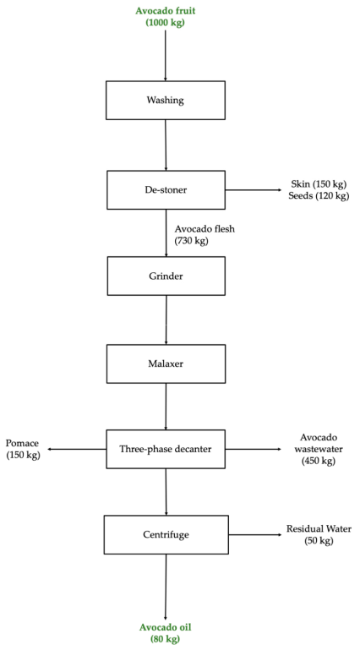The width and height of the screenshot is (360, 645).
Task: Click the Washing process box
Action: click(x=166, y=100)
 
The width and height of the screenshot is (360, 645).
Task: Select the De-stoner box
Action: click(x=166, y=190)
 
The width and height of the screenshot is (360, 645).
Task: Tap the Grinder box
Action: click(x=166, y=276)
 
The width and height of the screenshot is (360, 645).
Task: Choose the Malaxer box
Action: click(x=166, y=363)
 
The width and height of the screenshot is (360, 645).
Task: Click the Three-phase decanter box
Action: click(x=166, y=449)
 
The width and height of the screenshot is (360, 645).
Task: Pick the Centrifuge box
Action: click(x=166, y=535)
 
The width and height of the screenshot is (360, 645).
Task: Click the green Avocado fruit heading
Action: click(x=165, y=10)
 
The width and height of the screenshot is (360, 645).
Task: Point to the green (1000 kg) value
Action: click(x=165, y=23)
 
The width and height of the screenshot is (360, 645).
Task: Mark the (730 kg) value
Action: click(x=192, y=240)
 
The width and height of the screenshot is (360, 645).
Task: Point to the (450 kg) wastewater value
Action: click(x=319, y=461)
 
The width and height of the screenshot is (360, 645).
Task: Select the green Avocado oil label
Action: click(x=165, y=627)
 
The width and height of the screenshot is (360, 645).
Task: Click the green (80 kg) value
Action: click(x=165, y=639)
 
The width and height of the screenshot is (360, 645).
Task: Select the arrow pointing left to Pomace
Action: click(x=76, y=450)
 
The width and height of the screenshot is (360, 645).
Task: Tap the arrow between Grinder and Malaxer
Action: click(x=166, y=320)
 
